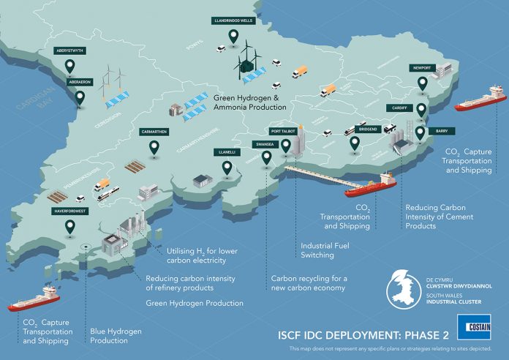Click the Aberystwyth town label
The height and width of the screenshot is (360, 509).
[x=70, y=52]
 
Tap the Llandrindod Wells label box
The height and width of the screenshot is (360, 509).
[x=233, y=20]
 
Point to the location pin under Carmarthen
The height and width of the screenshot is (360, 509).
[x=154, y=148]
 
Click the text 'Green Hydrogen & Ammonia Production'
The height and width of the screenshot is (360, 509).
[x=249, y=102]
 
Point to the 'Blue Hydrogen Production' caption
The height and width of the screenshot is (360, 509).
[x=113, y=335]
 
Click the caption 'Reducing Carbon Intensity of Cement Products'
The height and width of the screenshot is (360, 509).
[x=440, y=217]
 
